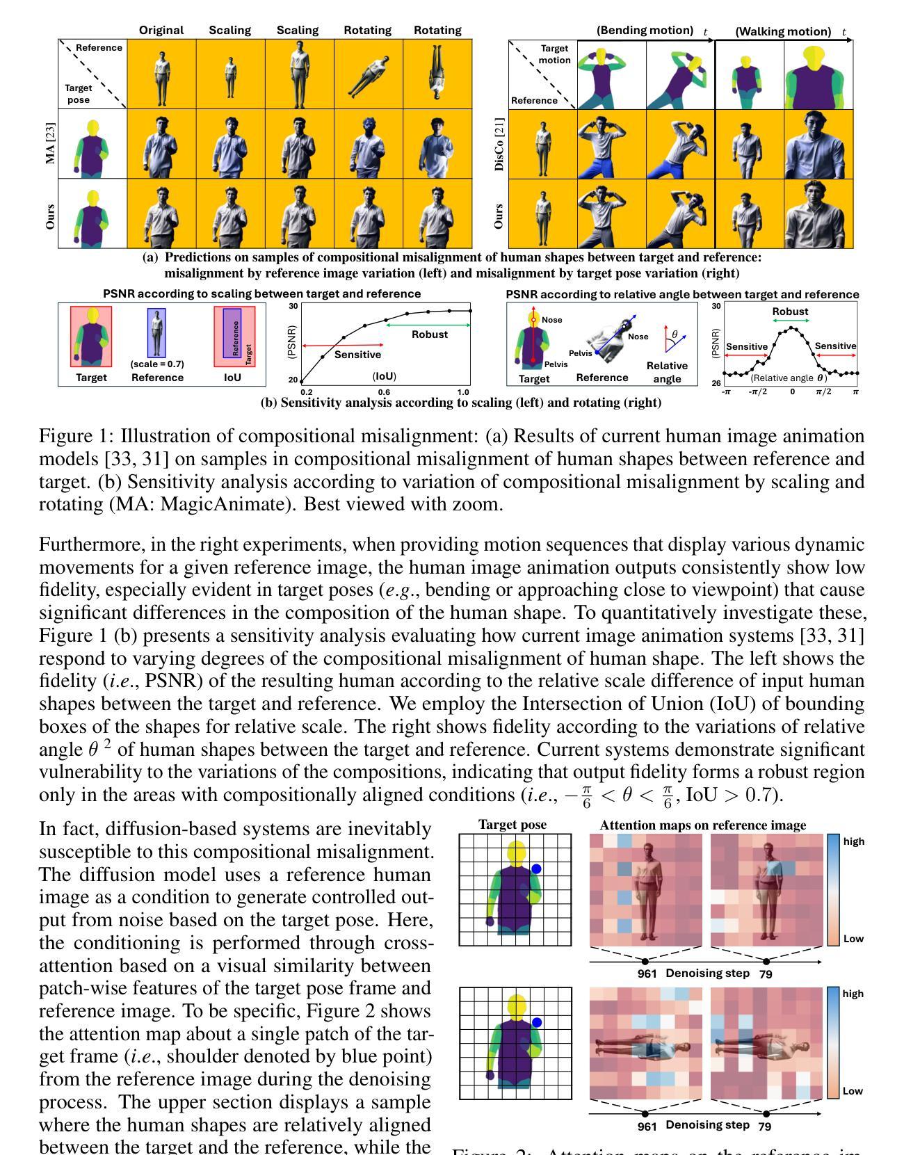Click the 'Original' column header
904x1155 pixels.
coord(161,31)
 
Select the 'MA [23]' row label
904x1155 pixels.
coord(51,143)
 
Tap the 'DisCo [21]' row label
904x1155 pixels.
coord(499,144)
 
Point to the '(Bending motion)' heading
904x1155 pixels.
coord(645,31)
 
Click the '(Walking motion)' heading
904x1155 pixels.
coord(783,31)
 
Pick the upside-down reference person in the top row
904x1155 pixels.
coord(437,73)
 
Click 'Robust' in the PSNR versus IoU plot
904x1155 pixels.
coord(430,334)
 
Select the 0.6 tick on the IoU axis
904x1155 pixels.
coord(384,392)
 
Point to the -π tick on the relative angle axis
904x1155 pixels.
coord(727,392)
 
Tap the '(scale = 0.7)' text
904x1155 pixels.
coord(157,364)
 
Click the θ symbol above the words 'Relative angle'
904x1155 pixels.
coord(675,334)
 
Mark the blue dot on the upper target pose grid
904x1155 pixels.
coord(536,869)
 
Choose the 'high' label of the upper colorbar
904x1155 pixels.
coord(853,841)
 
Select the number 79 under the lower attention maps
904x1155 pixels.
coord(765,1126)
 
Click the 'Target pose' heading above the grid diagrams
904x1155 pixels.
coord(512,825)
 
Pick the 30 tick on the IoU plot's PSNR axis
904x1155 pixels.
coord(293,306)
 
